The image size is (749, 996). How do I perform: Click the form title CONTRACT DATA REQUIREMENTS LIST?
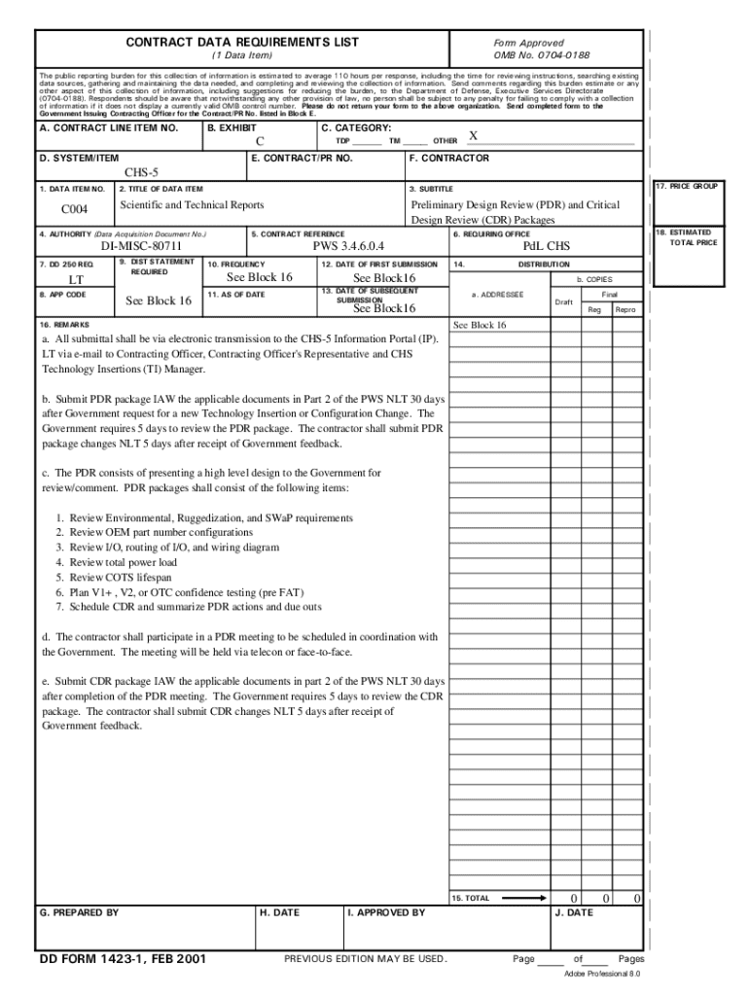242,42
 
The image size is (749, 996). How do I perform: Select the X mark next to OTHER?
473,136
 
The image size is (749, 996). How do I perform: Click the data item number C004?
75,209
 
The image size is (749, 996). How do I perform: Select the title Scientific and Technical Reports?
192,205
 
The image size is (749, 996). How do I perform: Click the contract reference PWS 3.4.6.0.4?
349,247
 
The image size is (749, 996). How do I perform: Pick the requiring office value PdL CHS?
547,247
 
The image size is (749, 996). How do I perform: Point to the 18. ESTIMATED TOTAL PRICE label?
691,237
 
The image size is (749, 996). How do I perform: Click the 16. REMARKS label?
64,323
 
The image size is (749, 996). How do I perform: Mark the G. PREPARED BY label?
79,912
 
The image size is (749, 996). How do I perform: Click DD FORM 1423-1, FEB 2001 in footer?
123,959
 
